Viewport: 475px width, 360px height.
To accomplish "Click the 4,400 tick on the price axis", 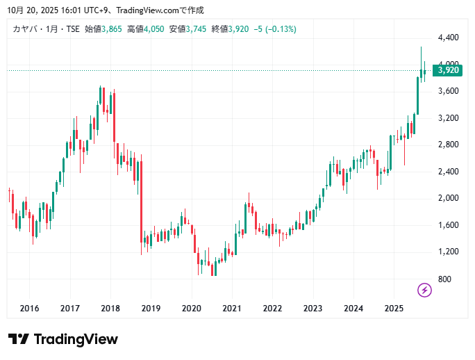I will [x=448, y=38].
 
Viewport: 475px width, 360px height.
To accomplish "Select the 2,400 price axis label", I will [x=448, y=172].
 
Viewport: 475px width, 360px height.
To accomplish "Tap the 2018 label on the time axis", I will [x=110, y=309].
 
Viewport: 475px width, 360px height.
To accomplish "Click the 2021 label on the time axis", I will [x=232, y=309].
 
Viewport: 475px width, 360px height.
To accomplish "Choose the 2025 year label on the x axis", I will [x=394, y=309].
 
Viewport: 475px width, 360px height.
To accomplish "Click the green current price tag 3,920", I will [x=449, y=69].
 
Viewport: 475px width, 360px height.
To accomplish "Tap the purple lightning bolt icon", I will [x=424, y=290].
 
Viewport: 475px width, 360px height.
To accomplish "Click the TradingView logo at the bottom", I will [x=63, y=339].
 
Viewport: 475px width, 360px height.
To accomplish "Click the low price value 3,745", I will [x=197, y=28].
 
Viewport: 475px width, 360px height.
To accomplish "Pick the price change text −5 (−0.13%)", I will [x=275, y=28].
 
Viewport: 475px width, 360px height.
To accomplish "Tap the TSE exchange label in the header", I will [x=72, y=28].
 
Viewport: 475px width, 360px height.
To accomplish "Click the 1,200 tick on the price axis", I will [x=448, y=252].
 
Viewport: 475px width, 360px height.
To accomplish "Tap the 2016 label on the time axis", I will [x=29, y=309].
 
